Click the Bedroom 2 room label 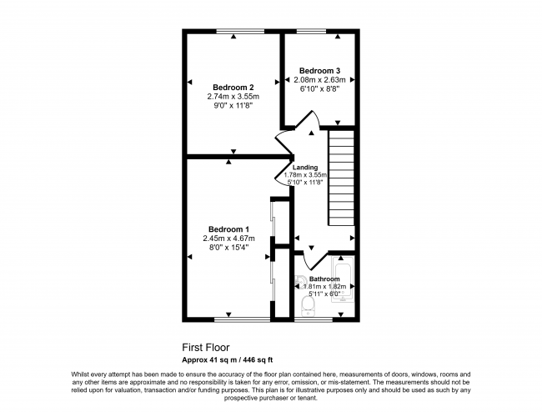click(233, 88)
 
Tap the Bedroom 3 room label click(319, 71)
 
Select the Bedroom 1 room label click(228, 229)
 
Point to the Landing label click(305, 168)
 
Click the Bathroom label click(324, 279)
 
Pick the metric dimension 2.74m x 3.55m click(233, 97)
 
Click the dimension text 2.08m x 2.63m click(319, 80)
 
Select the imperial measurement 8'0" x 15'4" click(228, 247)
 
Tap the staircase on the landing click(341, 178)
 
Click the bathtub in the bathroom click(343, 279)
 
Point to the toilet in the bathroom click(308, 306)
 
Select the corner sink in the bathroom click(299, 282)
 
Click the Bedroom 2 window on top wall click(240, 32)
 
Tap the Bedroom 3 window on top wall click(311, 32)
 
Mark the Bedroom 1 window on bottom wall click(242, 319)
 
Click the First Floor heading click(206, 347)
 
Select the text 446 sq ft click(258, 359)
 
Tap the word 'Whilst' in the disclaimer click(80, 374)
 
